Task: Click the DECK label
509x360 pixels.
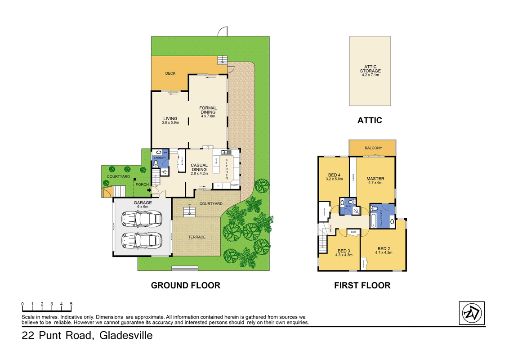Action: pyautogui.click(x=170, y=73)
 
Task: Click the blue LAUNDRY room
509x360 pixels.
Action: pyautogui.click(x=160, y=157)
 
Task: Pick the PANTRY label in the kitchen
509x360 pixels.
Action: pyautogui.click(x=234, y=185)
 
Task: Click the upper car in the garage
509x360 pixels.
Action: pyautogui.click(x=142, y=219)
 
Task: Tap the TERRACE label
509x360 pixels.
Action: pyautogui.click(x=196, y=237)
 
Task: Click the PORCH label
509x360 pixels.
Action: pyautogui.click(x=142, y=184)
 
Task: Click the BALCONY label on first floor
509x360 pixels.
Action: pyautogui.click(x=373, y=148)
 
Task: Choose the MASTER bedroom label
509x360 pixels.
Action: pyautogui.click(x=375, y=180)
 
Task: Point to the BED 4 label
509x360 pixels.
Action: pyautogui.click(x=335, y=176)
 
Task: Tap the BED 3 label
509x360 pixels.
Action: pyautogui.click(x=344, y=252)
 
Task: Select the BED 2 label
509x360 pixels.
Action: pyautogui.click(x=384, y=250)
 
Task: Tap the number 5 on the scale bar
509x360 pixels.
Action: pyautogui.click(x=71, y=304)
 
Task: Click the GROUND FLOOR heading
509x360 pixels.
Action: pyautogui.click(x=185, y=285)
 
